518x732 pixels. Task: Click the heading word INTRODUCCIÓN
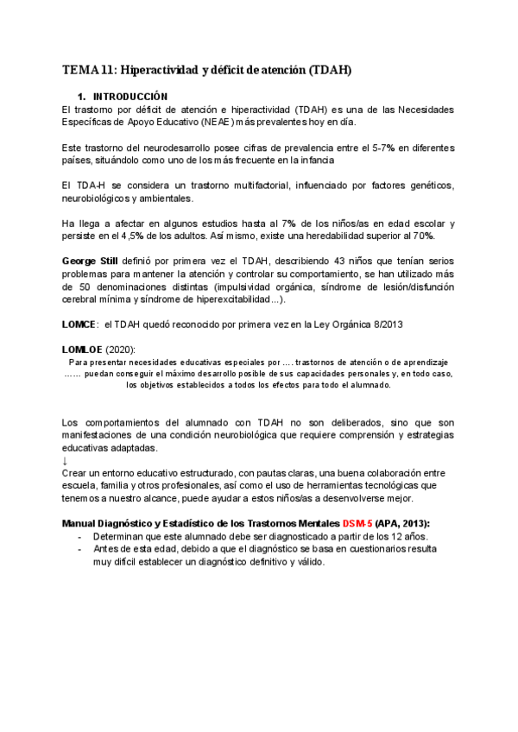click(130, 96)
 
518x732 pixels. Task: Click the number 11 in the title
click(108, 70)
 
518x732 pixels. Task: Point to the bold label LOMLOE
click(82, 349)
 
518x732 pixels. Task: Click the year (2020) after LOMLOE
click(121, 349)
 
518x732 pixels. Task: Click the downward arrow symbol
click(66, 461)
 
